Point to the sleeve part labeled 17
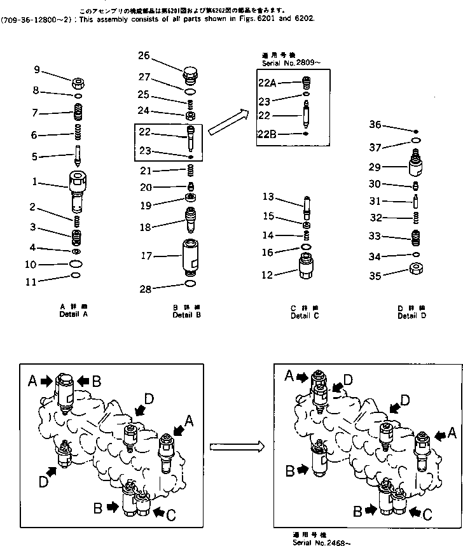(190, 257)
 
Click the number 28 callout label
(146, 289)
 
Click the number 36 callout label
(375, 125)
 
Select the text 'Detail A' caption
(74, 314)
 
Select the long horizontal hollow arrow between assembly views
(237, 447)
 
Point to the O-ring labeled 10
(75, 263)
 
